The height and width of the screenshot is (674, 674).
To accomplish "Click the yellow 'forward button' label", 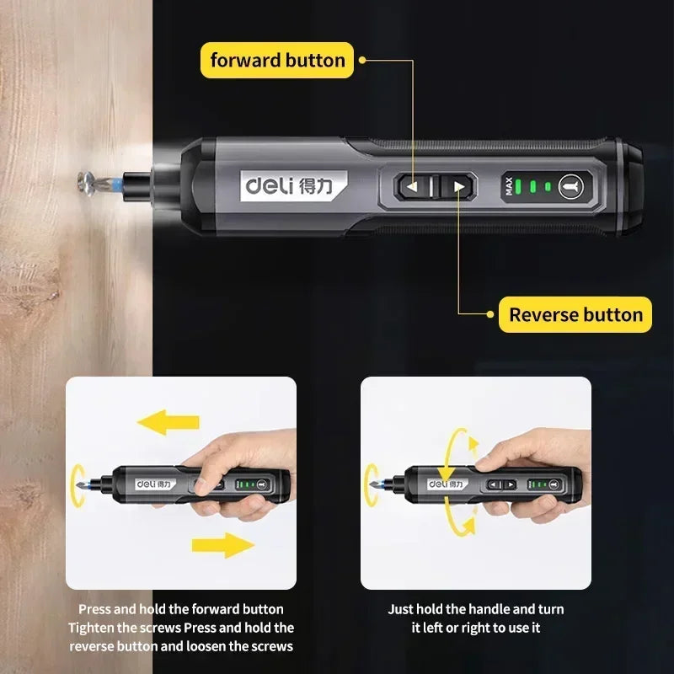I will [x=277, y=60].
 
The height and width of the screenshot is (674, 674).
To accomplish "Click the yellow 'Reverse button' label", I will [x=575, y=315].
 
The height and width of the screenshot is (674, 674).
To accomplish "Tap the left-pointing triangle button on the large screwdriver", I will [x=413, y=187].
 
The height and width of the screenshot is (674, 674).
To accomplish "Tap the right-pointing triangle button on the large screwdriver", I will [x=458, y=187].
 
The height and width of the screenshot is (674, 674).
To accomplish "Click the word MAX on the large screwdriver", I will [x=509, y=186].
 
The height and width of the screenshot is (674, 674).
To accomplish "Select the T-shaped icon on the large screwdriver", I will [x=570, y=186].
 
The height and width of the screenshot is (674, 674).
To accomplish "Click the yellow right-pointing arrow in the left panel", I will [x=222, y=545].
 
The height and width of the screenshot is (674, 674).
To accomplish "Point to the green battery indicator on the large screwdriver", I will [x=532, y=186].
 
